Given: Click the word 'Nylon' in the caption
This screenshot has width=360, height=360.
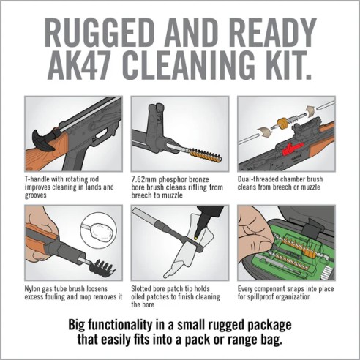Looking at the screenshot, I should click(x=34, y=288).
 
